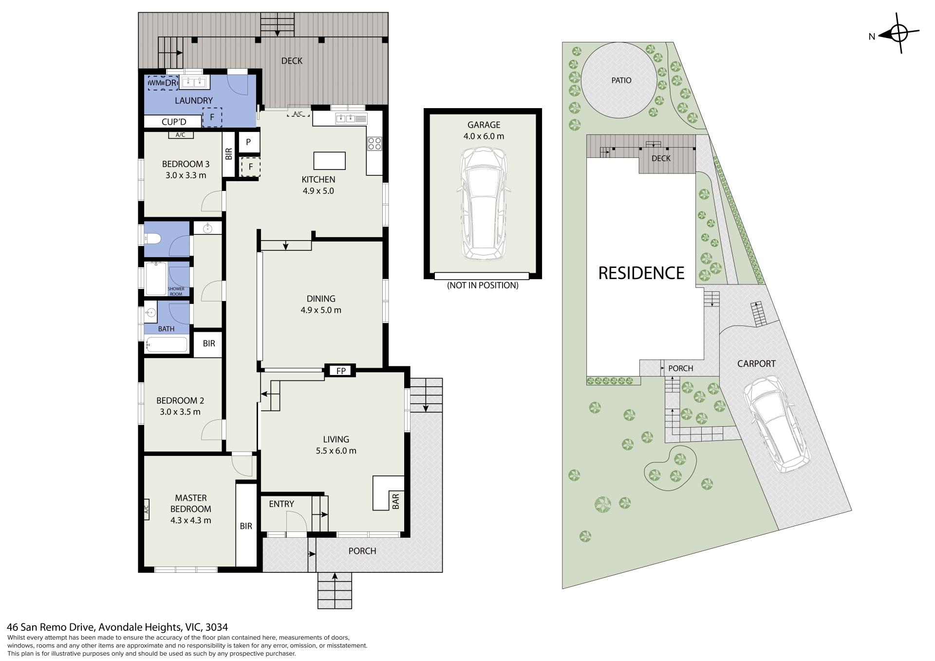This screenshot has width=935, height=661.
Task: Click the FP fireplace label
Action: [x=341, y=371]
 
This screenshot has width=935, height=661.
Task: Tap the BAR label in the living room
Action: [x=395, y=501]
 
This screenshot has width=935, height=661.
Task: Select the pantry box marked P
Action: [x=248, y=142]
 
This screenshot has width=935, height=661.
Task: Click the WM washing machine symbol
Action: [x=155, y=83]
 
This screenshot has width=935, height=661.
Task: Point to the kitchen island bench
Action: [x=330, y=160]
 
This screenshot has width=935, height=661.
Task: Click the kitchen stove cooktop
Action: [x=374, y=143]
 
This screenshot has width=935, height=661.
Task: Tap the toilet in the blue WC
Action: [x=153, y=239]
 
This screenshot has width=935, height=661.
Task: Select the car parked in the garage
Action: [x=484, y=203]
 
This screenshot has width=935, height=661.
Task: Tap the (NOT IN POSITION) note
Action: [x=483, y=285]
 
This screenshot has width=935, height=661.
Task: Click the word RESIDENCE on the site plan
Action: [x=641, y=273]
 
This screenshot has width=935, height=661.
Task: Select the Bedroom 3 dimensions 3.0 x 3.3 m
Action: [x=186, y=175]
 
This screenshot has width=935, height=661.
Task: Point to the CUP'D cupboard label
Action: [x=174, y=122]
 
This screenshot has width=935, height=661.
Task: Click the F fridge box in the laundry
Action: [x=212, y=117]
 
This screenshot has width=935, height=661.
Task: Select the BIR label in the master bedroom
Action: [x=246, y=526]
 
